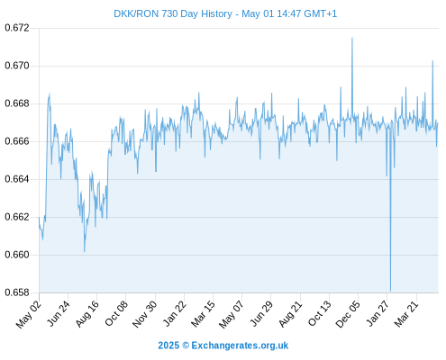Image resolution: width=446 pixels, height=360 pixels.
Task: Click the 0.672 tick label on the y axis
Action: [x=17, y=28]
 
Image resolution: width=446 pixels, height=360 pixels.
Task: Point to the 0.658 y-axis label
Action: [x=17, y=292]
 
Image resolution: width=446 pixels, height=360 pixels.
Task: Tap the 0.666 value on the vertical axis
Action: [x=17, y=141]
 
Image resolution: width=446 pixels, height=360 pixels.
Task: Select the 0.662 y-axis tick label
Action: [x=17, y=217]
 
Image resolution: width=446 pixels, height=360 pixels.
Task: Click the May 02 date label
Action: [x=29, y=314]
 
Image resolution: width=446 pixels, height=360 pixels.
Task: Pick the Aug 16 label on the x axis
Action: [x=87, y=314]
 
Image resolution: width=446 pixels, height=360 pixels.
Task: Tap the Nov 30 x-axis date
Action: [x=145, y=314]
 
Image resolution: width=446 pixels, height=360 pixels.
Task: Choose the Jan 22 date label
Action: [x=175, y=313]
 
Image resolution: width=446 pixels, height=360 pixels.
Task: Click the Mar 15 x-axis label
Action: [x=204, y=314]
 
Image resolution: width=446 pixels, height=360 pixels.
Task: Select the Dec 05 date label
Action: [x=348, y=314]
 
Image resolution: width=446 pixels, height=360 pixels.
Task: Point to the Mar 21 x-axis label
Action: [x=406, y=314]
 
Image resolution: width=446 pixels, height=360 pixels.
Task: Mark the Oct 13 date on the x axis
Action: [x=320, y=313]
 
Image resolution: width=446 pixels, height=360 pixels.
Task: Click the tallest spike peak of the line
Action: [x=352, y=38]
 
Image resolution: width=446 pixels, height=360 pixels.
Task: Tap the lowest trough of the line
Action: [x=390, y=291]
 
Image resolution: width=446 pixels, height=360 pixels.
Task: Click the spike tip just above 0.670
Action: [x=432, y=61]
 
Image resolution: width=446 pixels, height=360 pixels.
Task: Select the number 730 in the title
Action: [x=169, y=13]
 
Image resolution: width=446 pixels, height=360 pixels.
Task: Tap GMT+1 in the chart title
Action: [x=321, y=13]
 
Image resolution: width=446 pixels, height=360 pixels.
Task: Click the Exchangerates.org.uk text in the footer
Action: [x=240, y=346]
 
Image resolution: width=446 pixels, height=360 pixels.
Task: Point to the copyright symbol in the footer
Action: [x=186, y=346]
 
